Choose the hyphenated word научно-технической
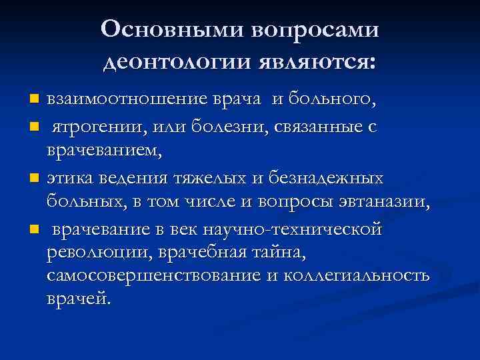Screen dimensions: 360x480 [301, 230]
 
